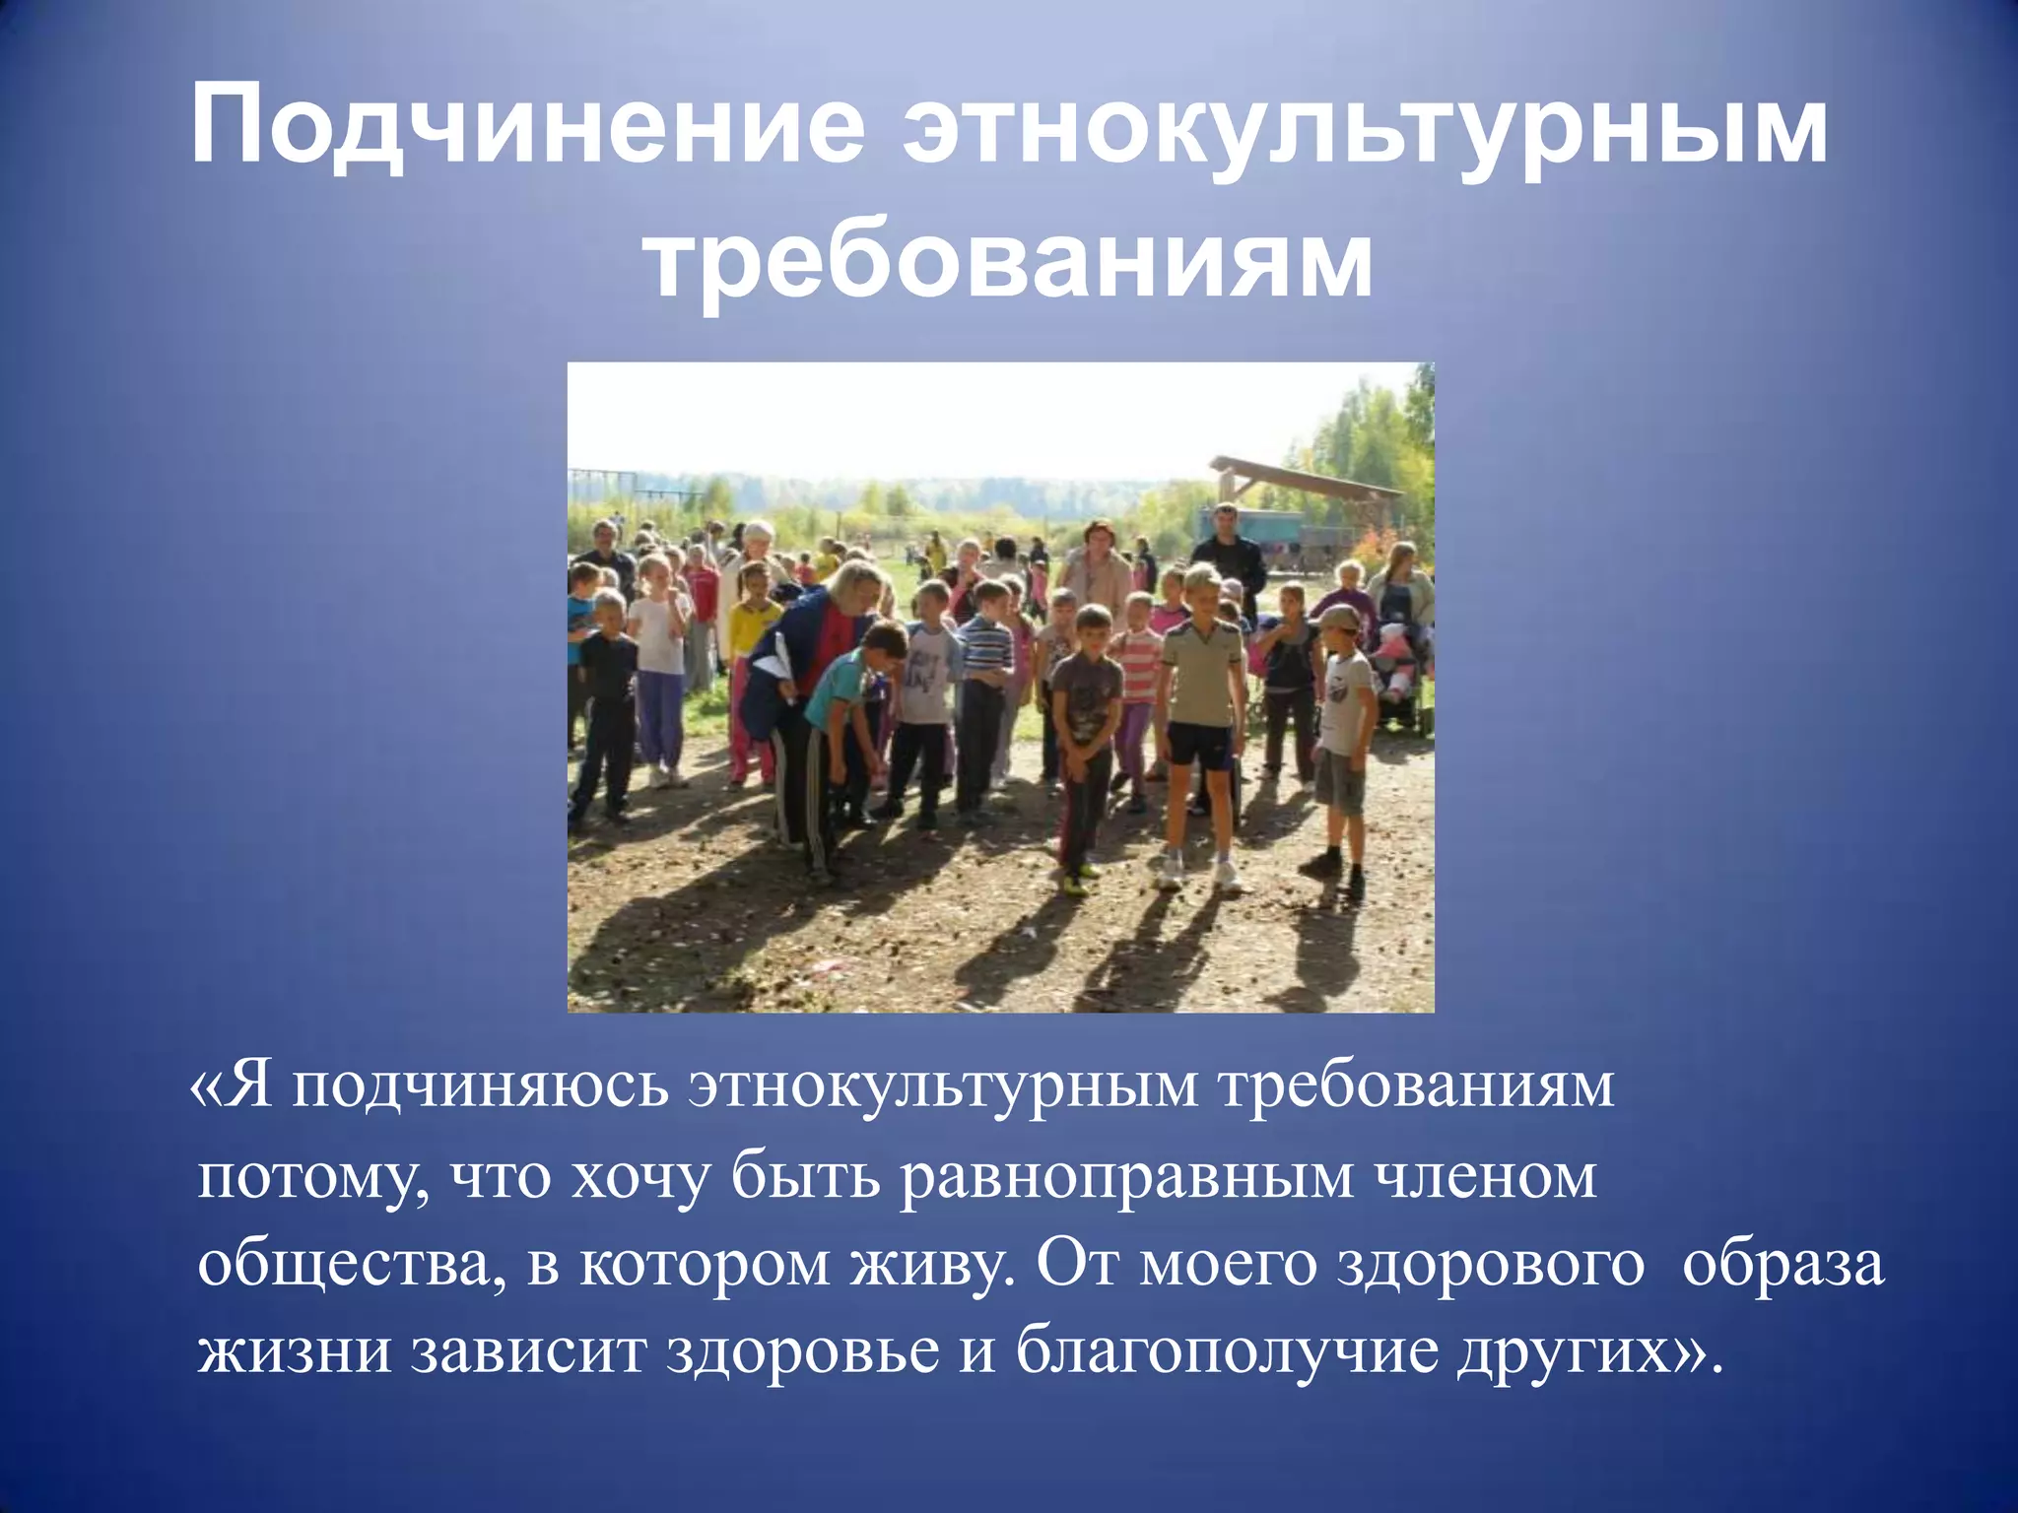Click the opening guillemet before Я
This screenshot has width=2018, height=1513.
(x=203, y=1087)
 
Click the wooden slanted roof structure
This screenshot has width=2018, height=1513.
(x=1301, y=478)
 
